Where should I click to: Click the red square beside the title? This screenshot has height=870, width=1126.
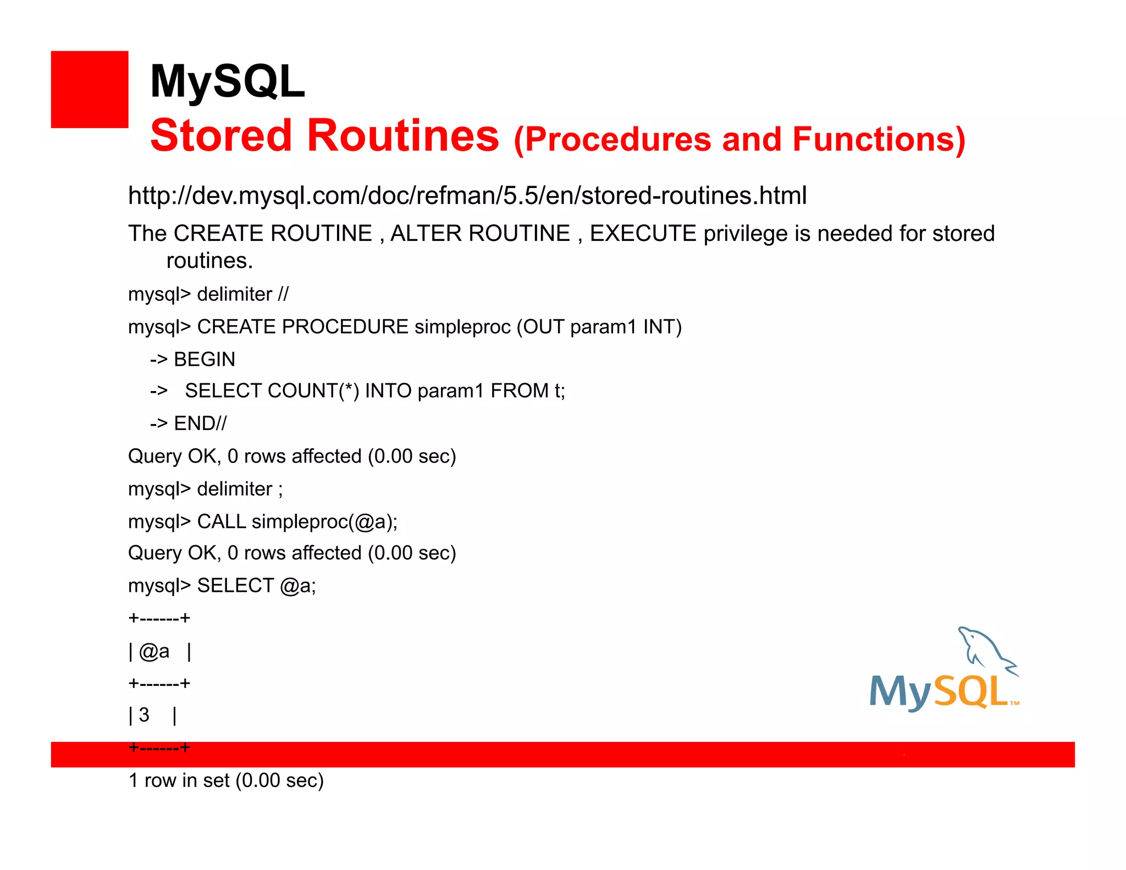point(89,89)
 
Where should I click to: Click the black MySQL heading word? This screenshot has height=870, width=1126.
point(227,81)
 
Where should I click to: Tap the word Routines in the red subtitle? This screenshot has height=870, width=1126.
point(403,136)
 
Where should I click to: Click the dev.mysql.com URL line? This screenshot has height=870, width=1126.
point(467,196)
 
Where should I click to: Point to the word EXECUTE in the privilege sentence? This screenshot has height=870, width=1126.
point(643,234)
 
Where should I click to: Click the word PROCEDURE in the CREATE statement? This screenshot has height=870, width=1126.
point(345,327)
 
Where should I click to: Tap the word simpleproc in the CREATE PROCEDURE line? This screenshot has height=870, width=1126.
point(462,327)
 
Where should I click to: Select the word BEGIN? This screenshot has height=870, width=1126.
point(204,359)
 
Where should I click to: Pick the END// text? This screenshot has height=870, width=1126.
point(200,423)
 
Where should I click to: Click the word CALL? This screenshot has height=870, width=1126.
point(221,521)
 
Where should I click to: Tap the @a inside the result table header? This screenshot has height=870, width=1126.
point(154,652)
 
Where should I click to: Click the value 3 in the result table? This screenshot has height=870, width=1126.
point(144,715)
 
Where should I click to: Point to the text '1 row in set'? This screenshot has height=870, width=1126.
point(179,780)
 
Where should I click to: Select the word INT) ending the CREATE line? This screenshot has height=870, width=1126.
point(662,327)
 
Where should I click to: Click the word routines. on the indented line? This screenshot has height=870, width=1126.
point(209,261)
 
